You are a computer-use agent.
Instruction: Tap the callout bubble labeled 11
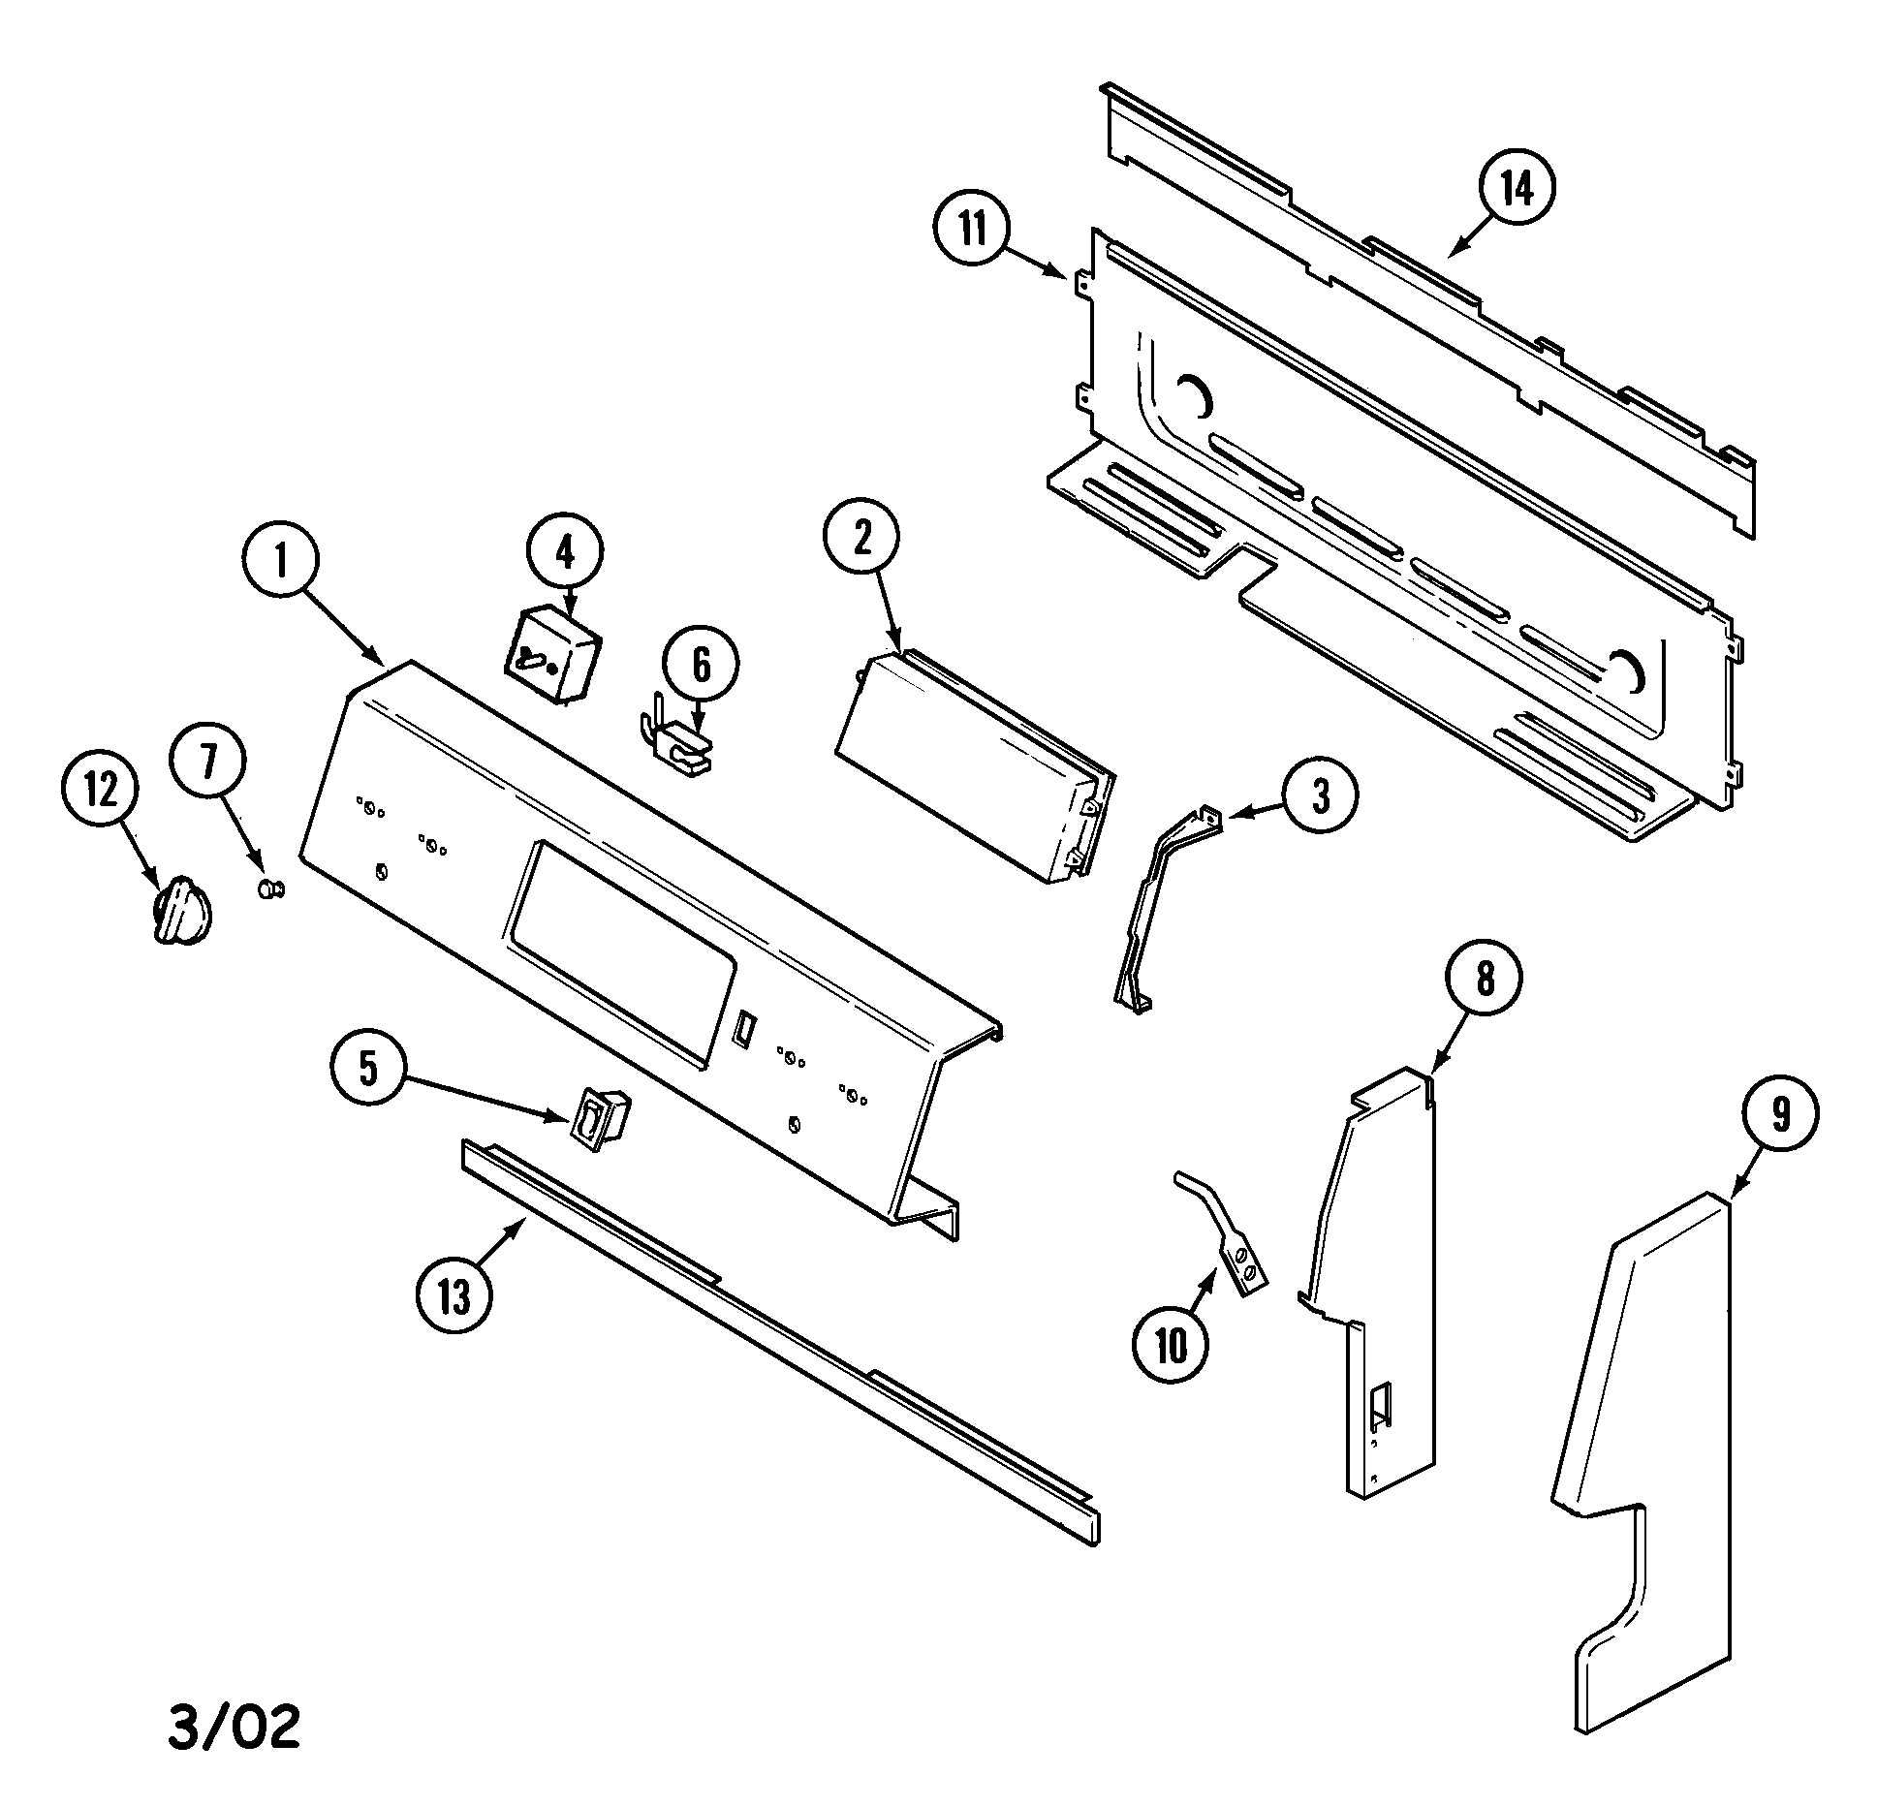click(972, 232)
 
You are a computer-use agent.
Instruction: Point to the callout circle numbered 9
click(1780, 1116)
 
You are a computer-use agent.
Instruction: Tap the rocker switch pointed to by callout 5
click(602, 1119)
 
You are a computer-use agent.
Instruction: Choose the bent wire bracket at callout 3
click(1163, 912)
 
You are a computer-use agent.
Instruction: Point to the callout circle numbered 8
click(1485, 981)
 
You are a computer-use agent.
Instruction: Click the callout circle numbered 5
click(368, 1068)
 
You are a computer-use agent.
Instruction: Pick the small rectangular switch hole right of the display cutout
click(743, 1029)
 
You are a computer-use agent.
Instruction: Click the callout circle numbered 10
click(1171, 1346)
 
